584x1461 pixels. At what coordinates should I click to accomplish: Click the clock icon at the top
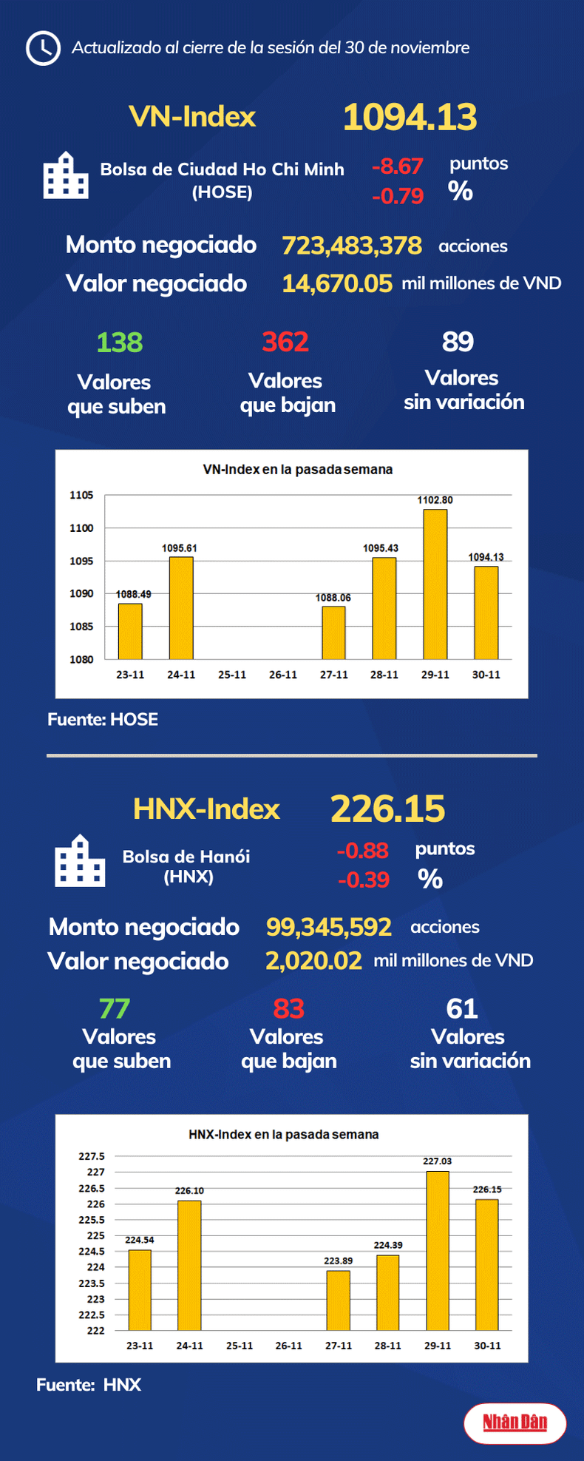pyautogui.click(x=43, y=48)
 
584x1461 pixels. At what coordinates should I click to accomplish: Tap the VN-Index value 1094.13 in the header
pyautogui.click(x=410, y=117)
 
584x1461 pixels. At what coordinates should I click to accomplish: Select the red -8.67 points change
pyautogui.click(x=397, y=166)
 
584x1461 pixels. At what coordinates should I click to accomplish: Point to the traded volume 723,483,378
pyautogui.click(x=352, y=246)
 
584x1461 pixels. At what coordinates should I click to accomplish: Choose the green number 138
pyautogui.click(x=119, y=343)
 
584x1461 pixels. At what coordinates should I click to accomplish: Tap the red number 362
pyautogui.click(x=285, y=342)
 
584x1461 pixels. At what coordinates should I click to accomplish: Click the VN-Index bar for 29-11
pyautogui.click(x=435, y=584)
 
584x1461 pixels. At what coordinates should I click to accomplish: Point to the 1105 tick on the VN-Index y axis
pyautogui.click(x=81, y=495)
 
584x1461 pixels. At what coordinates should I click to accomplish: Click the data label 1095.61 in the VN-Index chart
pyautogui.click(x=179, y=548)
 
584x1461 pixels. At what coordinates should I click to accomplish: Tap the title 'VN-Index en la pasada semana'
pyautogui.click(x=297, y=470)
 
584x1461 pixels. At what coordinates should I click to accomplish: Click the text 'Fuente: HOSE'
pyautogui.click(x=103, y=720)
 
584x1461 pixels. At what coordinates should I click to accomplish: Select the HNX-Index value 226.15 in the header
pyautogui.click(x=387, y=809)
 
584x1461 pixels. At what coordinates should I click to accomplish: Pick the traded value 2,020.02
pyautogui.click(x=313, y=961)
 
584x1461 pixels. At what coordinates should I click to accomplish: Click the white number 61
pyautogui.click(x=462, y=1008)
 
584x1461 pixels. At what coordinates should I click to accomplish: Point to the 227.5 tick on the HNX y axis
pyautogui.click(x=92, y=1156)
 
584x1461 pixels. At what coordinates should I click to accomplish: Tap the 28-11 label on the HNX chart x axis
pyautogui.click(x=387, y=1346)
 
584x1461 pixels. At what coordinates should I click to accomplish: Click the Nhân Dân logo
pyautogui.click(x=515, y=1422)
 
